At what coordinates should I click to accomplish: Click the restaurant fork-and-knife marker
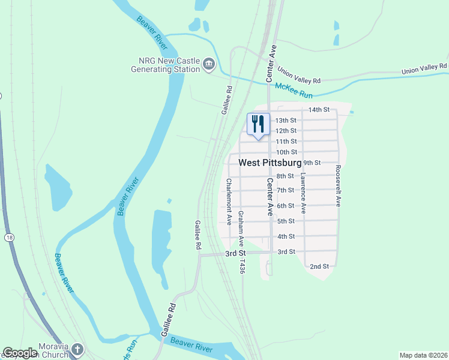tap(259, 124)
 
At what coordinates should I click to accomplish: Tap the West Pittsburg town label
tap(270, 163)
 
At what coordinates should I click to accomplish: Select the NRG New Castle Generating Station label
tap(166, 65)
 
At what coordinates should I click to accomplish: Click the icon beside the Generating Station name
tap(208, 63)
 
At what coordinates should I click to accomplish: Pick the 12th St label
tap(286, 131)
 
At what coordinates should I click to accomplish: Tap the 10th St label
tap(286, 152)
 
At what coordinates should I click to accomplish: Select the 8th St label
tap(286, 176)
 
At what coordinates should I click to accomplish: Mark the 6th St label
tap(286, 206)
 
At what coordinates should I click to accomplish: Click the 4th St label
tap(286, 236)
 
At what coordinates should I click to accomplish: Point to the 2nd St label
tap(319, 266)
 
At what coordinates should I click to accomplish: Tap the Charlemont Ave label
tap(229, 197)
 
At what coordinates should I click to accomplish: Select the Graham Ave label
tap(241, 230)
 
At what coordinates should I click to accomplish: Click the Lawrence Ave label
tap(304, 194)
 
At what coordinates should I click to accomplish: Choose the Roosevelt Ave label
tap(338, 186)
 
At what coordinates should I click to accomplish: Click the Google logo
tap(20, 353)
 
